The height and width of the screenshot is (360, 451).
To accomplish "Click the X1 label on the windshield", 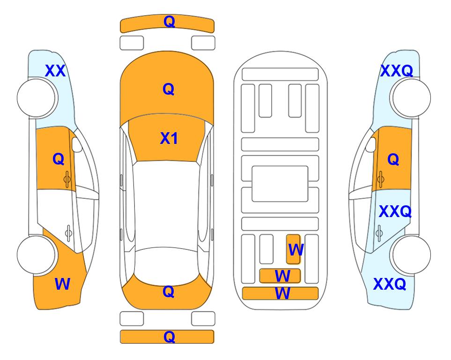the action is tap(169, 138).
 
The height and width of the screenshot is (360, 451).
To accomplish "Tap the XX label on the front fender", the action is tap(55, 71).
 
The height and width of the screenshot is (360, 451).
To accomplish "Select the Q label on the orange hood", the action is tap(169, 89).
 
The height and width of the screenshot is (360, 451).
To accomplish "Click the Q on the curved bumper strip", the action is tap(169, 21).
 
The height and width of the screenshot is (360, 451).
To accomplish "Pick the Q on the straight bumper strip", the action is tap(169, 337).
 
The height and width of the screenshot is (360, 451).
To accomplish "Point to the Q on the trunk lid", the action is tap(169, 292).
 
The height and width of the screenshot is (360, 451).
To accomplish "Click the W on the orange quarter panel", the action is tap(62, 284).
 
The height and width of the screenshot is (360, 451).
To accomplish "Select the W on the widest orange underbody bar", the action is tap(282, 293).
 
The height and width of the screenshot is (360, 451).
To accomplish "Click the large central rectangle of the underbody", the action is tap(280, 184).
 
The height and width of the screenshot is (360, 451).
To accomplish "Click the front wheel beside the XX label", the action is tap(36, 98).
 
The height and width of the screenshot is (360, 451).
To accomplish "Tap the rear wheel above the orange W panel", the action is tap(36, 255).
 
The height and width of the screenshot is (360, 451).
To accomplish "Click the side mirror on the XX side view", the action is tap(77, 144).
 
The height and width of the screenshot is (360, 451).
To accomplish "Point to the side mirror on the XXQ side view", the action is tap(371, 144).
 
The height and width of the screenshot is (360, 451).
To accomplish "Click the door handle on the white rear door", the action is tap(68, 233).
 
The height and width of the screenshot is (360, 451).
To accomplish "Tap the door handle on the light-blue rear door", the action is tap(379, 233).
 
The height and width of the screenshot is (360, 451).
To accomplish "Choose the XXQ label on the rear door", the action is tap(395, 211).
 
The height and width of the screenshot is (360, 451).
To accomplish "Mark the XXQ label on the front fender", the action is tap(397, 71).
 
